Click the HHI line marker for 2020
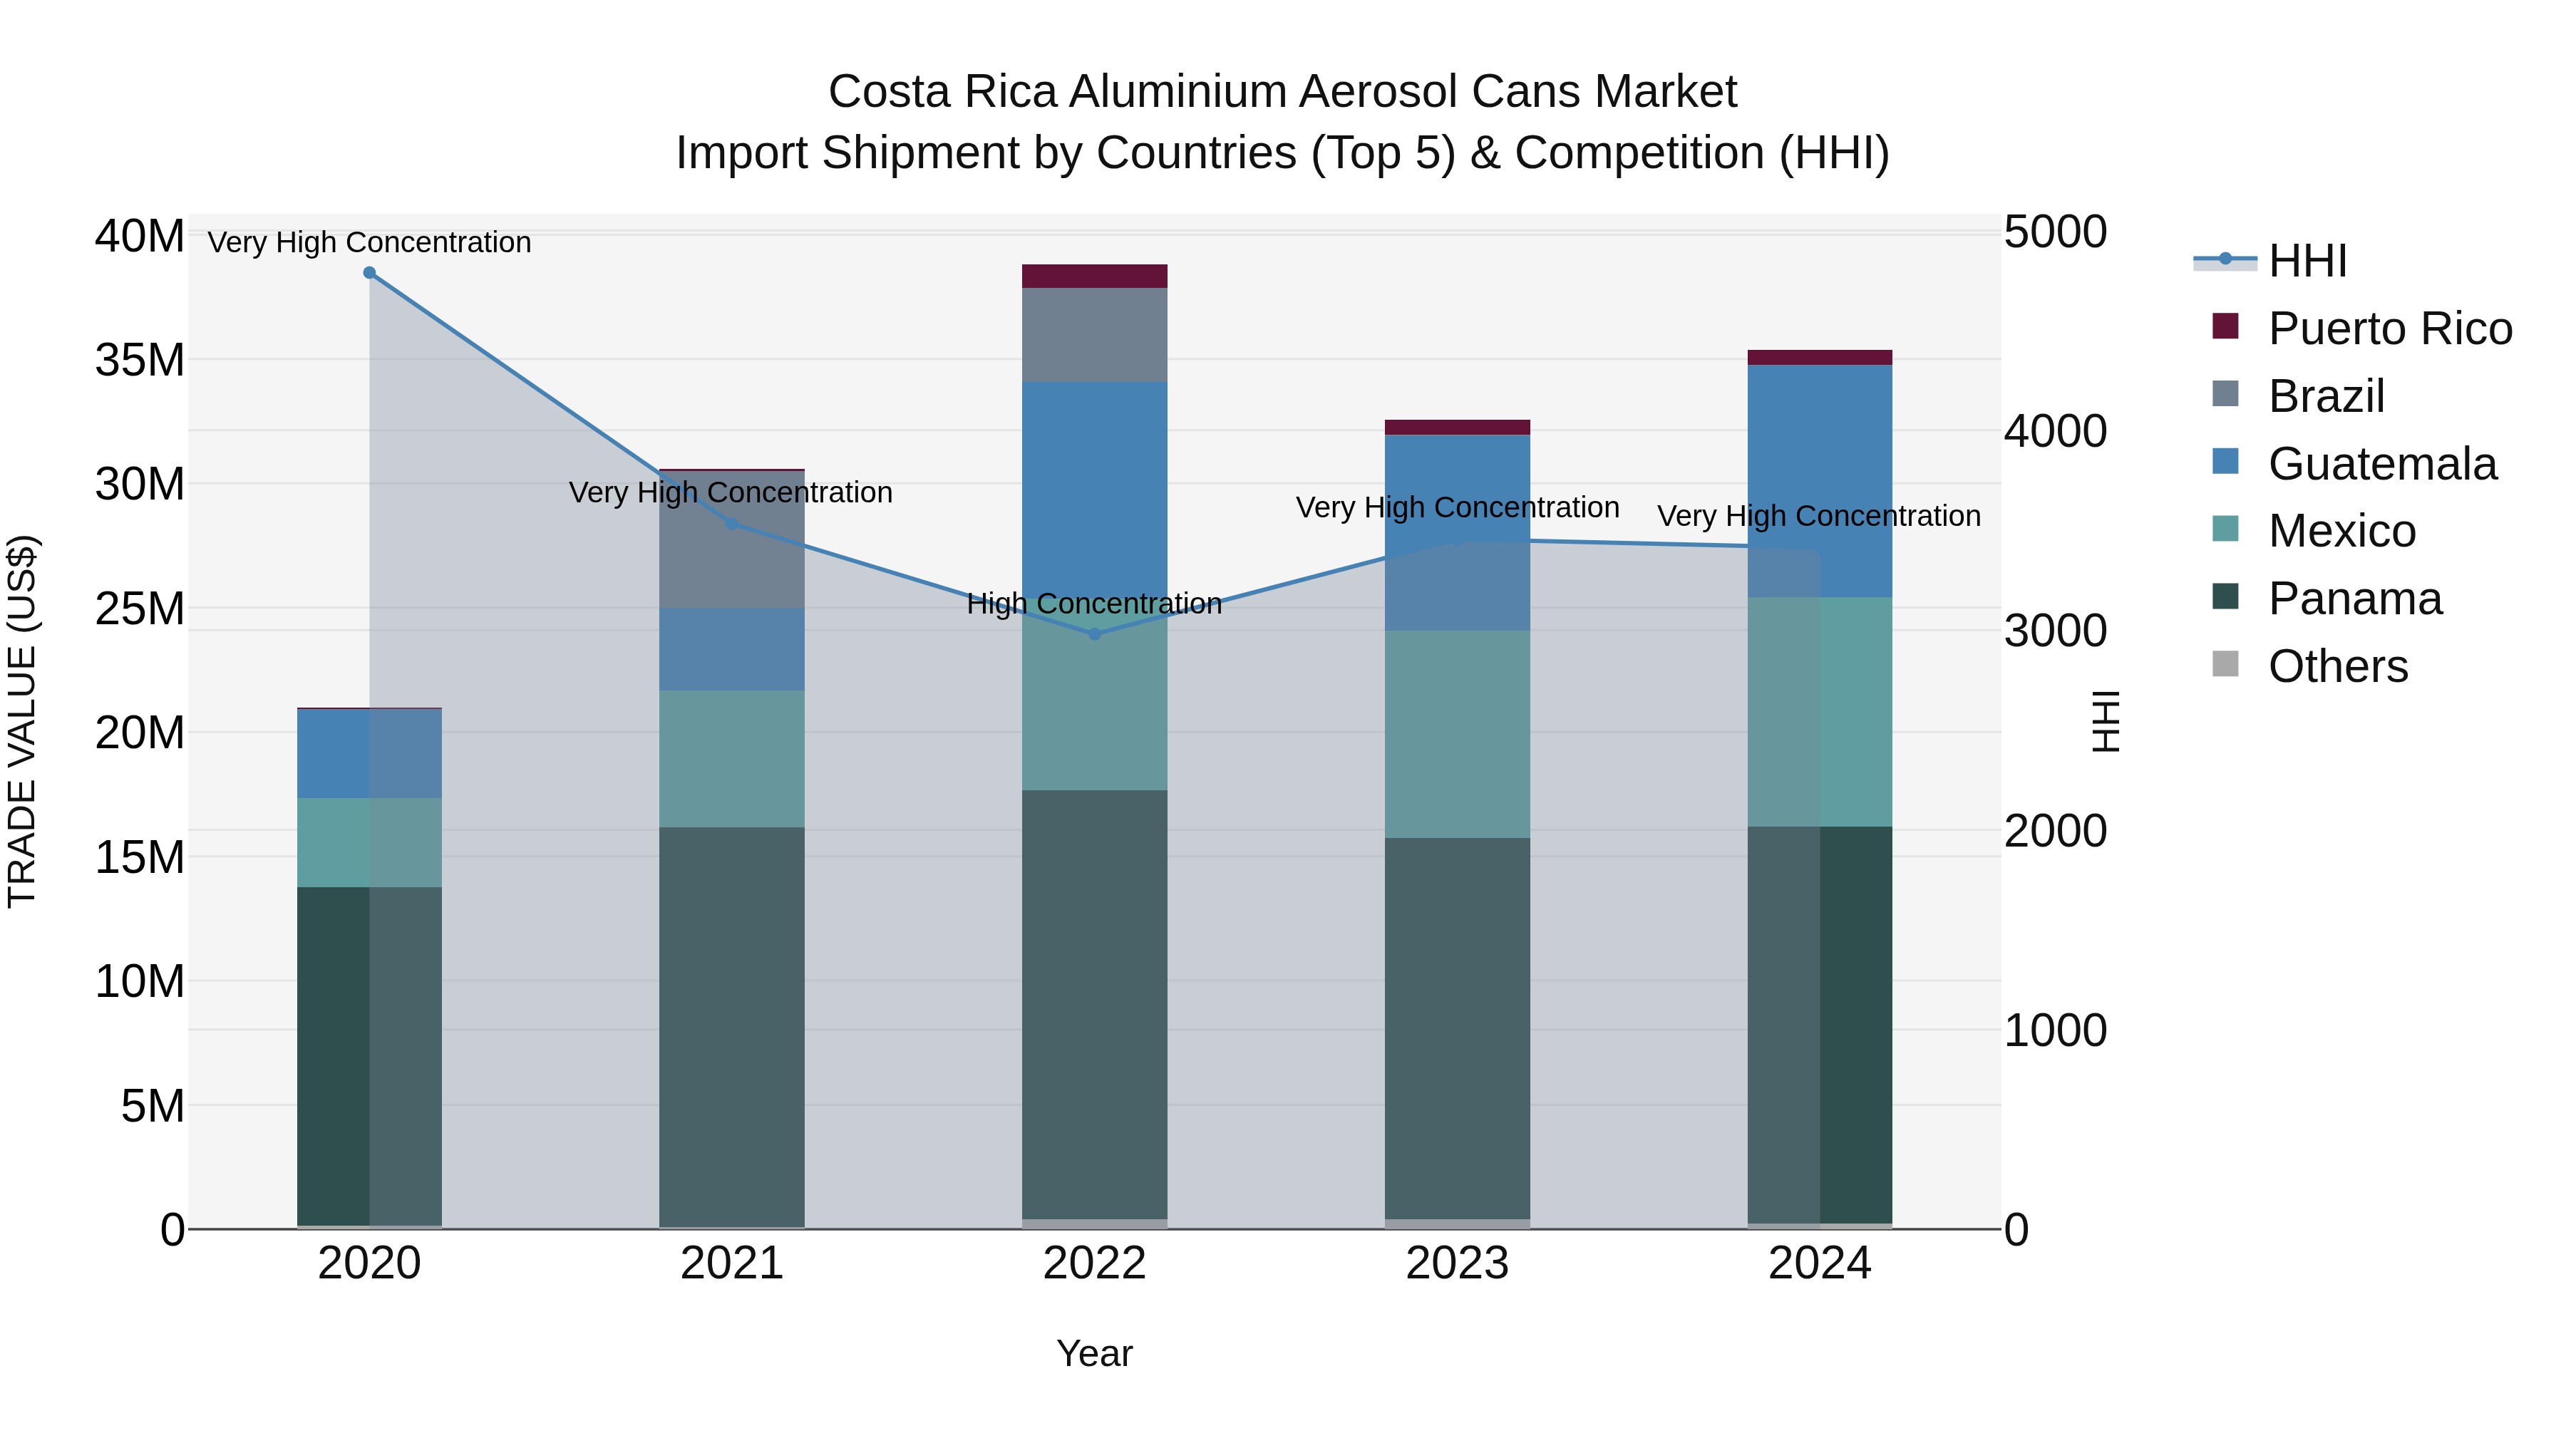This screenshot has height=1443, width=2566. [369, 273]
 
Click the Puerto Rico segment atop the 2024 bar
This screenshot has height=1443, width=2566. [1819, 358]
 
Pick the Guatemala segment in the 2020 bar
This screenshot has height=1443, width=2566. [369, 754]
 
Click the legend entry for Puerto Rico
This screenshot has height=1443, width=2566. [2389, 329]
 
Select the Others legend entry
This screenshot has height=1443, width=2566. [2337, 666]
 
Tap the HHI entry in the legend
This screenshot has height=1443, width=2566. [2307, 261]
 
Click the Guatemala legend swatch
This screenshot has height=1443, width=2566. [2225, 462]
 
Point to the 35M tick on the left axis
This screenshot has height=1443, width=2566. [140, 360]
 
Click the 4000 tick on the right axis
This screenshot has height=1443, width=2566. [2055, 431]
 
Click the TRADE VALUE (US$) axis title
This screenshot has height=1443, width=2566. [23, 721]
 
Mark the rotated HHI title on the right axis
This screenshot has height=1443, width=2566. [2105, 721]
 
